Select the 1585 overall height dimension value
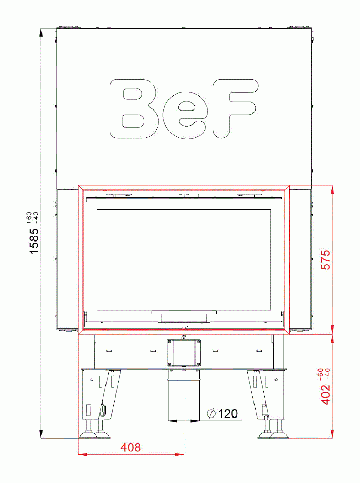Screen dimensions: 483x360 coord(34,240)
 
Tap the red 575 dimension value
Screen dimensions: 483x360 coord(325,260)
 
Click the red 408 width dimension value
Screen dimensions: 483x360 coord(131,447)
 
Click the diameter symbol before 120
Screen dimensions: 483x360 coord(211,414)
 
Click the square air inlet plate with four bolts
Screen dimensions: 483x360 coord(184,352)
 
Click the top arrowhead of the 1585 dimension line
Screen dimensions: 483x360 coord(42,32)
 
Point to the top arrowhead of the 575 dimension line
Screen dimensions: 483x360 coord(333,188)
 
